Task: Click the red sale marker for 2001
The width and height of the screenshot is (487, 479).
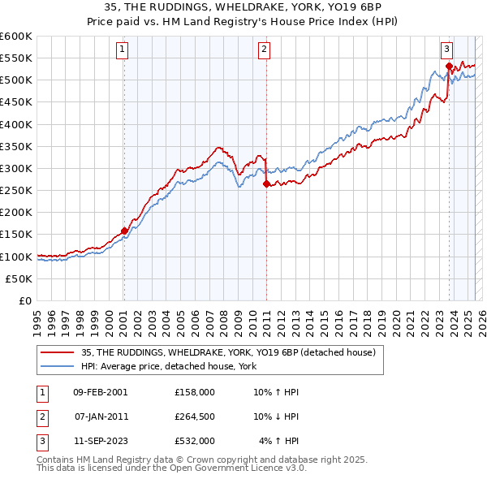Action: pos(124,231)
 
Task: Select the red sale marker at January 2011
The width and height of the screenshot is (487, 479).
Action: pos(266,183)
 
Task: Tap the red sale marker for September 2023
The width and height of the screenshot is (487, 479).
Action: pos(449,66)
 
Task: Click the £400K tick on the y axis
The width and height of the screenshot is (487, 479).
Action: pos(16,124)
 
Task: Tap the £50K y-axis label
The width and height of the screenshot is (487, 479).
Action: pos(19,278)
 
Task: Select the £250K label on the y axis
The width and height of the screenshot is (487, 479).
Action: pos(16,191)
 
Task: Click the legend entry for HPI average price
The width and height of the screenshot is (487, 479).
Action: pos(168,367)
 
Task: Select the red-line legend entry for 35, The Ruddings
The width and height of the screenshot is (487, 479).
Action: pos(227,352)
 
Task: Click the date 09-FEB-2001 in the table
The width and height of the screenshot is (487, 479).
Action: pos(100,392)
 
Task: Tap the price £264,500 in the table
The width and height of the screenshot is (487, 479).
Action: pos(195,416)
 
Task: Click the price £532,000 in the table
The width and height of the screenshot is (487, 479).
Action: pos(195,441)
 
